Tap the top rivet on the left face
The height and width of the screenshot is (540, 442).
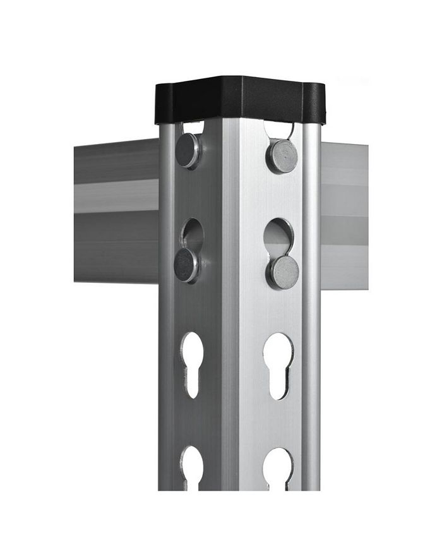188,151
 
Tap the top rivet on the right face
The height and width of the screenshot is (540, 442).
282,156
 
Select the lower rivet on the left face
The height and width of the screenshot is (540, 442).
186,265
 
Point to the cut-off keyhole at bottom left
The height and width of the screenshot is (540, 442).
192,467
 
